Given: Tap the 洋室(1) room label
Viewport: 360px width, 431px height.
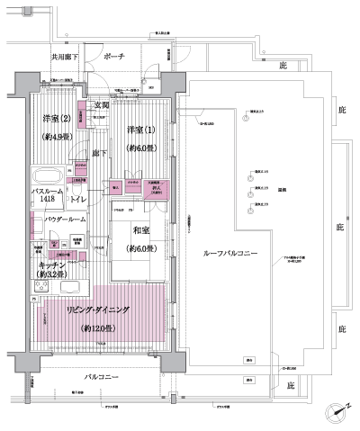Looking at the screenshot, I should click(140, 129).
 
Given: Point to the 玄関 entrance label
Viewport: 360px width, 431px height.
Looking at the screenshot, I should click(101, 106).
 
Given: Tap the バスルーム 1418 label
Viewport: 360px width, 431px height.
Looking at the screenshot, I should click(47, 198).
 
